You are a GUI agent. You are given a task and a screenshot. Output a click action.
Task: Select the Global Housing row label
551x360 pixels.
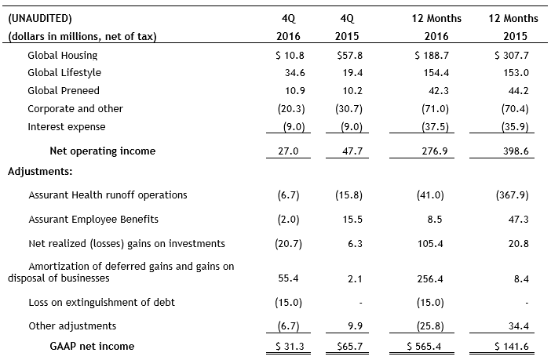pyautogui.click(x=63, y=56)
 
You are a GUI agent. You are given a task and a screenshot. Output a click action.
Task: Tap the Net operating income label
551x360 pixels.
pyautogui.click(x=102, y=151)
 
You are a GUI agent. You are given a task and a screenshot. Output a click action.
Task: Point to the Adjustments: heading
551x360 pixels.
pyautogui.click(x=41, y=169)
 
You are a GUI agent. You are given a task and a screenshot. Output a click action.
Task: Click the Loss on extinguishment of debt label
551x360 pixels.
pyautogui.click(x=101, y=302)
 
